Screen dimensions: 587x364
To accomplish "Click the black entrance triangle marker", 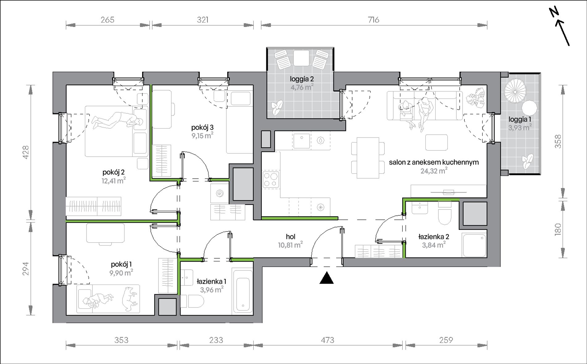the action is pyautogui.click(x=327, y=278).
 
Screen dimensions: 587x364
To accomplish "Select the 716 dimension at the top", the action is pyautogui.click(x=374, y=20).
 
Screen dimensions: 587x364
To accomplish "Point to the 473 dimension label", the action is pyautogui.click(x=327, y=340).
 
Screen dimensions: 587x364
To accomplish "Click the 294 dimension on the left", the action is pyautogui.click(x=25, y=269).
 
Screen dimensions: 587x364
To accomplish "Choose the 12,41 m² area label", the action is pyautogui.click(x=114, y=180).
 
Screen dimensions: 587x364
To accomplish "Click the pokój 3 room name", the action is pyautogui.click(x=202, y=127).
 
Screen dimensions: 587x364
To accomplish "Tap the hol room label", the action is pyautogui.click(x=290, y=237).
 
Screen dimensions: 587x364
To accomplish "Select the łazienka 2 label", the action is pyautogui.click(x=433, y=237).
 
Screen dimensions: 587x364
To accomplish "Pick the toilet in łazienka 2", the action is pyautogui.click(x=445, y=213).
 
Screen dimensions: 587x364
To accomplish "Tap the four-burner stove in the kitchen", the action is pyautogui.click(x=271, y=180).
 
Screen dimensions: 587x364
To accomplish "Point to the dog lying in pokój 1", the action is pyautogui.click(x=129, y=298).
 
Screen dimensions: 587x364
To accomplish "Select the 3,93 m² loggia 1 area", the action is pyautogui.click(x=520, y=127).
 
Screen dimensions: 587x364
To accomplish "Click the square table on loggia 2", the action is pyautogui.click(x=301, y=58).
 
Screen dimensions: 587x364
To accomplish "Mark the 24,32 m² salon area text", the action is pyautogui.click(x=434, y=171).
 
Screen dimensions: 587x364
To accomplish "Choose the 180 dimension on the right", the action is pyautogui.click(x=558, y=230).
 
